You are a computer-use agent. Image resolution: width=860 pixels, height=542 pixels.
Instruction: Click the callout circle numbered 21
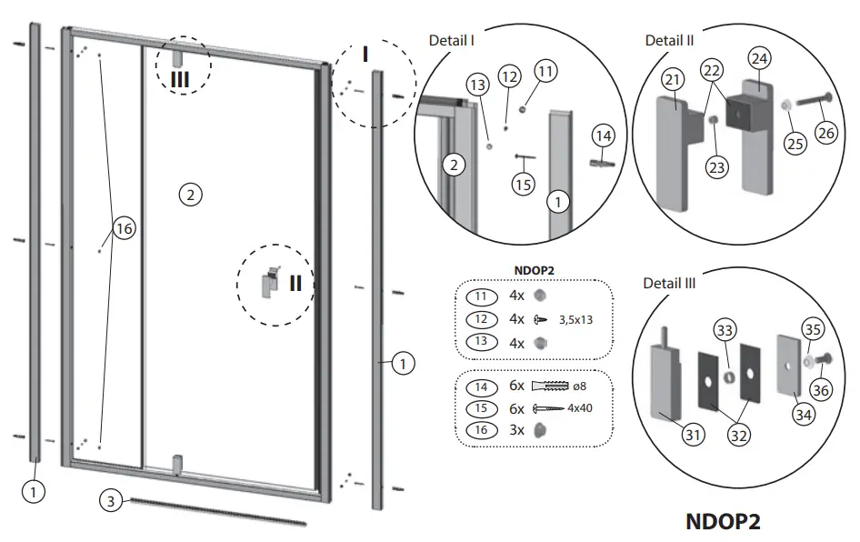pyautogui.click(x=672, y=81)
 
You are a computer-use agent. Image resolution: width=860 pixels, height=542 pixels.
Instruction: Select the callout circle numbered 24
pyautogui.click(x=758, y=56)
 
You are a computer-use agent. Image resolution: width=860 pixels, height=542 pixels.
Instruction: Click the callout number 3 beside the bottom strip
pyautogui.click(x=109, y=501)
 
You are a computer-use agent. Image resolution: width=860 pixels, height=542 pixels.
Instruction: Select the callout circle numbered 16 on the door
pyautogui.click(x=124, y=229)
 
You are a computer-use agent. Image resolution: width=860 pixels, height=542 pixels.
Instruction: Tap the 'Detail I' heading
pyautogui.click(x=452, y=40)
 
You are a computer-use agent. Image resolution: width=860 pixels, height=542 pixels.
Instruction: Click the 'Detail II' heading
pyautogui.click(x=669, y=40)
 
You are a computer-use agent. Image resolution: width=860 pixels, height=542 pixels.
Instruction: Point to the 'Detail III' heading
pyautogui.click(x=669, y=283)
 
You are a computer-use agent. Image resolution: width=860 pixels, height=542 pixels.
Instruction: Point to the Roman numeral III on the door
pyautogui.click(x=180, y=78)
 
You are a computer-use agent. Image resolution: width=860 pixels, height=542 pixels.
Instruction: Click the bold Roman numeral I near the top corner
pyautogui.click(x=365, y=55)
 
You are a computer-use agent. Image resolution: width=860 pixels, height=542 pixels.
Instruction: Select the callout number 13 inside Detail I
pyautogui.click(x=476, y=85)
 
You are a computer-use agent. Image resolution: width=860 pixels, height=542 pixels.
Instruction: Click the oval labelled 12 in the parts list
pyautogui.click(x=482, y=319)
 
